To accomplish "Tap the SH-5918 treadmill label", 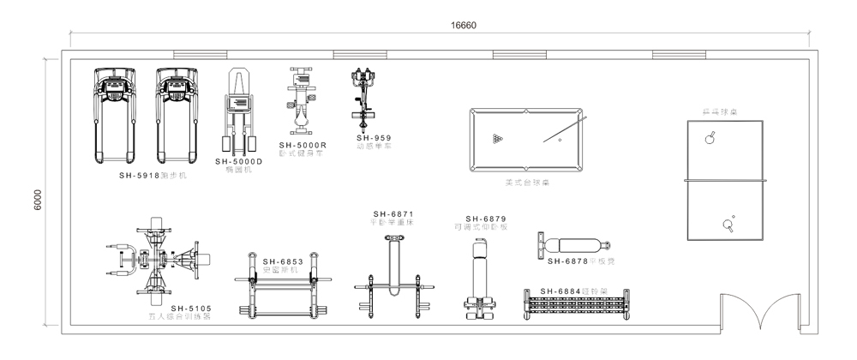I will click(141, 175).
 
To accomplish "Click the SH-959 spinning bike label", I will click(374, 137).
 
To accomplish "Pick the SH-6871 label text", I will click(393, 214).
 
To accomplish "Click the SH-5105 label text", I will click(190, 308).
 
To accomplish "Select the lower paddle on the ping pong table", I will click(730, 224).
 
